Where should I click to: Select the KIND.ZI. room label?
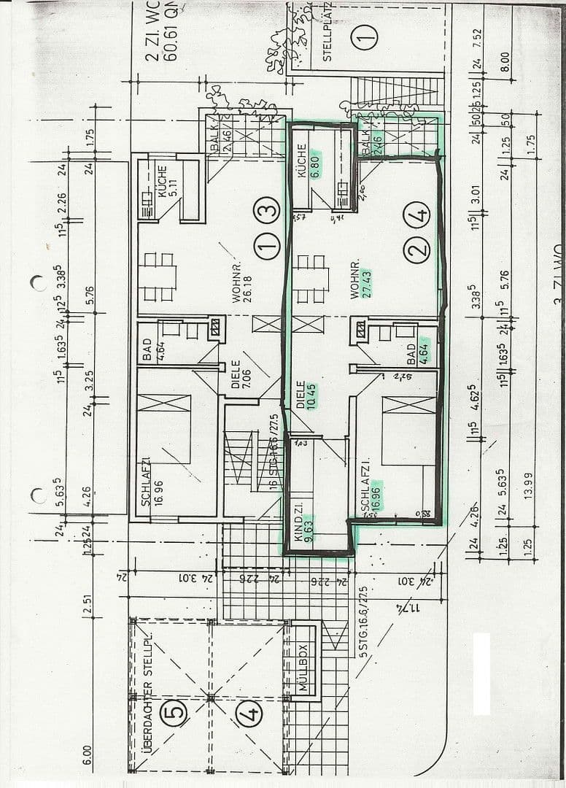tap(298, 522)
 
